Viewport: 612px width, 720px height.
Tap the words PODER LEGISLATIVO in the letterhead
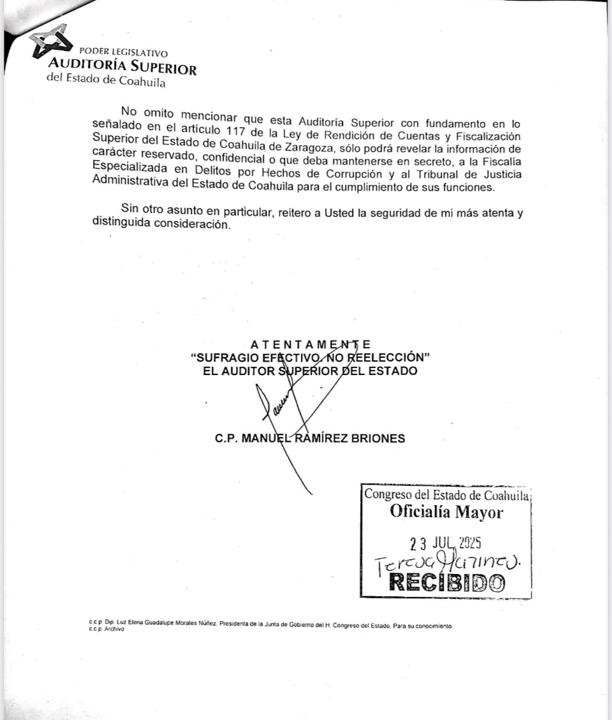click(x=124, y=53)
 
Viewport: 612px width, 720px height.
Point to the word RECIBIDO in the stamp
click(x=446, y=582)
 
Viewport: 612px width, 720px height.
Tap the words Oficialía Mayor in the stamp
click(x=446, y=512)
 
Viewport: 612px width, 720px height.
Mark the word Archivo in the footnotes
click(x=115, y=629)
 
